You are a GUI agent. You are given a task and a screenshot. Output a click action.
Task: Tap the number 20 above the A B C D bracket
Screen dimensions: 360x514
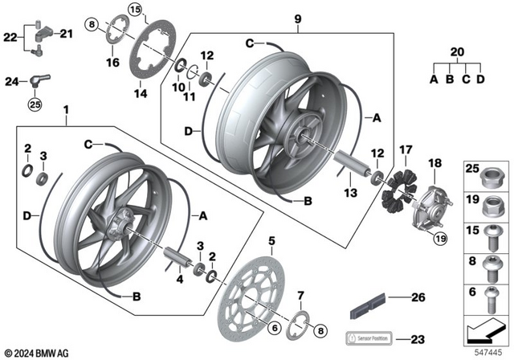[458, 51]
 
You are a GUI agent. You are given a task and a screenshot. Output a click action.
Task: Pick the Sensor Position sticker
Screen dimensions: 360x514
[368, 337]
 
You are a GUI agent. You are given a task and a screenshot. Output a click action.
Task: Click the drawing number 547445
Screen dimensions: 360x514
[483, 351]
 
